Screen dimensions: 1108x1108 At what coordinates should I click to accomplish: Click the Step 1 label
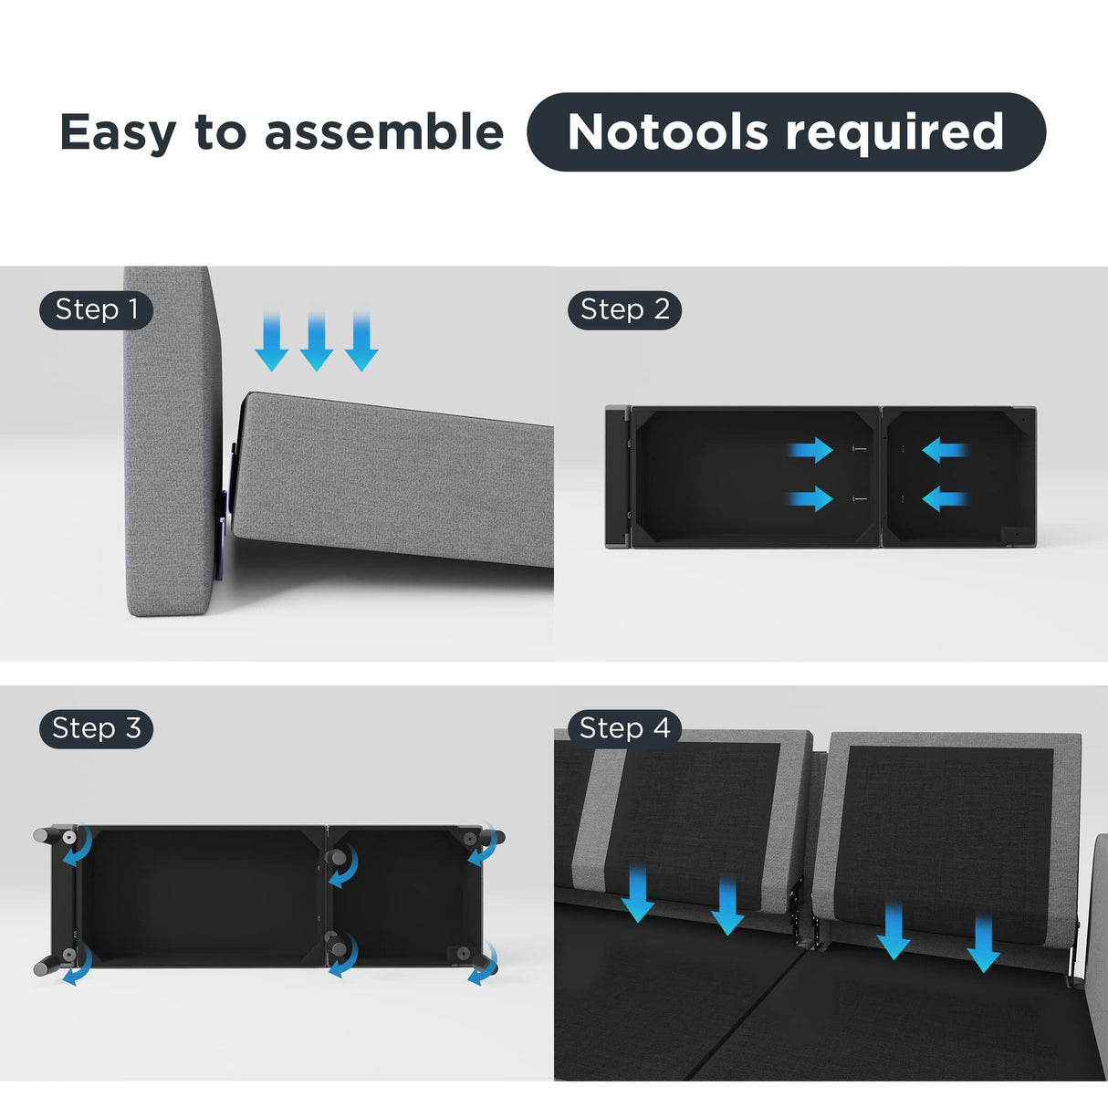click(96, 310)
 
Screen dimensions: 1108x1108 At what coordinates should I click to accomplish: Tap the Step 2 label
click(624, 310)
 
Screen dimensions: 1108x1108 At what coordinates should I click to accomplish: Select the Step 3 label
click(96, 728)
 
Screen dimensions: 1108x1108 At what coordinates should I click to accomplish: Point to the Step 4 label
click(624, 728)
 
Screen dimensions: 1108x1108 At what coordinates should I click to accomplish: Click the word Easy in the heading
click(118, 133)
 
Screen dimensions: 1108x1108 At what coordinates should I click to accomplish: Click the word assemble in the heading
click(383, 131)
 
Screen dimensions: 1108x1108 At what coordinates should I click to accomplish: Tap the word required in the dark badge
click(894, 133)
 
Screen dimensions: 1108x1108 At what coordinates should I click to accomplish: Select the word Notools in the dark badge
click(667, 131)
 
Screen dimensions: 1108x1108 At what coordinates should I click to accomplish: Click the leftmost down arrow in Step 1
click(271, 341)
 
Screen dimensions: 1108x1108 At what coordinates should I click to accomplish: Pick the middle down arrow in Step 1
click(316, 341)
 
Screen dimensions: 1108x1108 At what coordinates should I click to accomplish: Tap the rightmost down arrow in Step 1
click(361, 341)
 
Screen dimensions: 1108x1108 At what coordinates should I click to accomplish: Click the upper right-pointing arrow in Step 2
click(810, 449)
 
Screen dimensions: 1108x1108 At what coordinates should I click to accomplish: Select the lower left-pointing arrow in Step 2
click(945, 498)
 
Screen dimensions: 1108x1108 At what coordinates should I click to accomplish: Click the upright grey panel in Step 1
click(172, 441)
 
